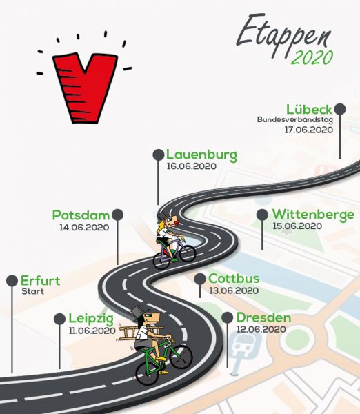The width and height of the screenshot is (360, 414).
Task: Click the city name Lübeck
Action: coord(309,110)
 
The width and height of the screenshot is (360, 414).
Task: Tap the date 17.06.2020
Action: coord(308,130)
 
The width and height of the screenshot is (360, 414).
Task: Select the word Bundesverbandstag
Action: coord(294,119)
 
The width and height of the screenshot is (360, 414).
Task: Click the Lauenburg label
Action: coord(201,155)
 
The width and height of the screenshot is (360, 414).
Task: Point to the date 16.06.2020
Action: coord(191,166)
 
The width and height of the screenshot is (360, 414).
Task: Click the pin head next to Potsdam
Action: coord(117,215)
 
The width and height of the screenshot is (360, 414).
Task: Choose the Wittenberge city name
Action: coord(313,215)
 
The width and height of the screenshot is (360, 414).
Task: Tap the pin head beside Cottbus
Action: coord(200,279)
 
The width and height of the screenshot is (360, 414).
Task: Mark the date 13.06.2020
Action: coord(234,290)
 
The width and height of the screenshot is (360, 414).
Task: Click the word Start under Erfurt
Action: coord(32,291)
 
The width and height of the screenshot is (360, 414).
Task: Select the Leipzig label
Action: coord(91,319)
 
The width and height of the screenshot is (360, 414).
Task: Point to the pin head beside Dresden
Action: coord(228,317)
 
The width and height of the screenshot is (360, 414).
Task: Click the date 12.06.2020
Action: coord(261,329)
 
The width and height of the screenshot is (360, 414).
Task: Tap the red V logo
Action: coord(85,88)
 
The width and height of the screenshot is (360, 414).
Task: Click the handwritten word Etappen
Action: coord(283,34)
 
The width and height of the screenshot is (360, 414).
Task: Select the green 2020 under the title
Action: coord(312,57)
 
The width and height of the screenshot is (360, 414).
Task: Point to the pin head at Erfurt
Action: coord(12,281)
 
